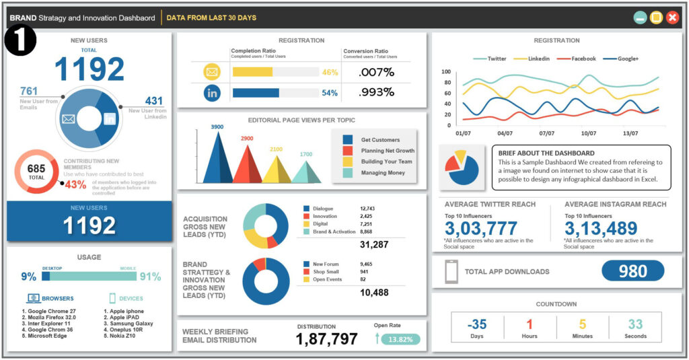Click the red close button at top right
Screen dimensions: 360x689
(x=672, y=17)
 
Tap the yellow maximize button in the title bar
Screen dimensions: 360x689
(x=656, y=17)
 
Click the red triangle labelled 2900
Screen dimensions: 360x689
(x=246, y=165)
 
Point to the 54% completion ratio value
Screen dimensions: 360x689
(x=330, y=93)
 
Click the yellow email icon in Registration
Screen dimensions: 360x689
(x=212, y=72)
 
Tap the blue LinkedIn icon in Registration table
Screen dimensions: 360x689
(x=212, y=93)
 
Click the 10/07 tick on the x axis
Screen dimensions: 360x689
(x=589, y=133)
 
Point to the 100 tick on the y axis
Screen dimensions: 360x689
(x=446, y=71)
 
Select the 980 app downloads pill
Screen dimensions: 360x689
(x=632, y=271)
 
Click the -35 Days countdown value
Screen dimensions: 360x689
(x=476, y=324)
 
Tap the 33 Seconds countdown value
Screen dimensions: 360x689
(x=635, y=324)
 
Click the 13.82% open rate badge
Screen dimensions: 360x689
(x=401, y=339)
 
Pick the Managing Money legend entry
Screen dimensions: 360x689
(x=380, y=173)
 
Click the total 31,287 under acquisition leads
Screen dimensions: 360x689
(x=374, y=245)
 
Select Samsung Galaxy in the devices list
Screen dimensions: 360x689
(x=129, y=324)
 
